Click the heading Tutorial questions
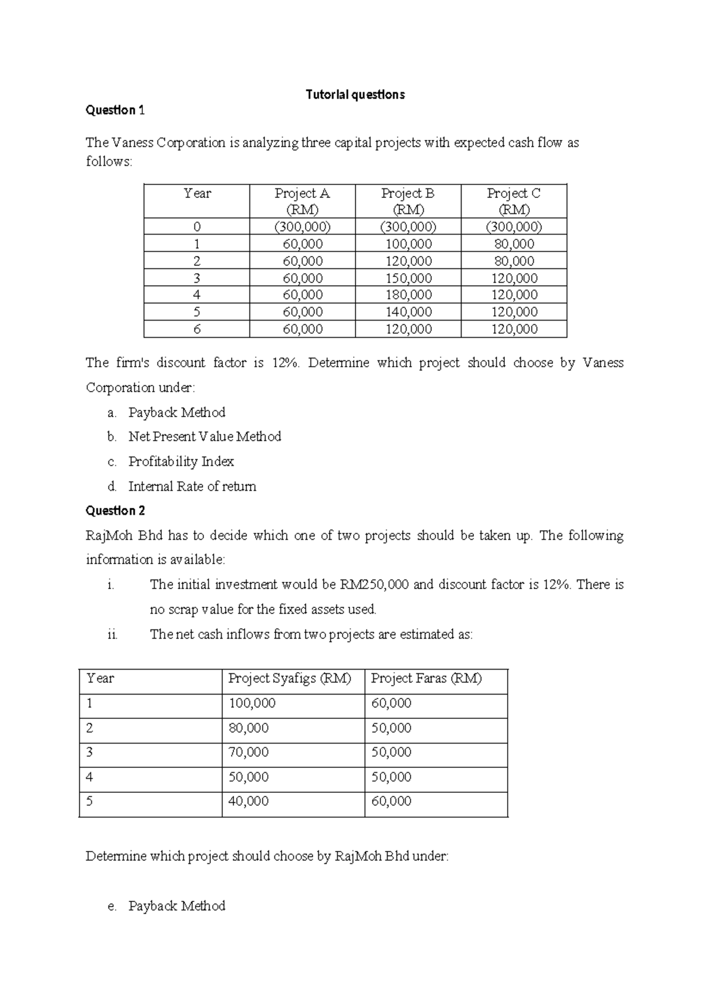355,95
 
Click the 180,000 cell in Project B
408,295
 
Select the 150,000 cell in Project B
408,279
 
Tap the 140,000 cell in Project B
408,312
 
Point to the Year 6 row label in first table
197,329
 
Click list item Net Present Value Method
204,437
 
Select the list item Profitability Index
181,462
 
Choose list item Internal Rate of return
192,487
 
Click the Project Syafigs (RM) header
290,678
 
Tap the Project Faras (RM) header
426,678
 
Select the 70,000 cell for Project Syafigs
248,753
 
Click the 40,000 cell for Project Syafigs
248,802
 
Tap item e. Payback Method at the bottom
176,906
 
